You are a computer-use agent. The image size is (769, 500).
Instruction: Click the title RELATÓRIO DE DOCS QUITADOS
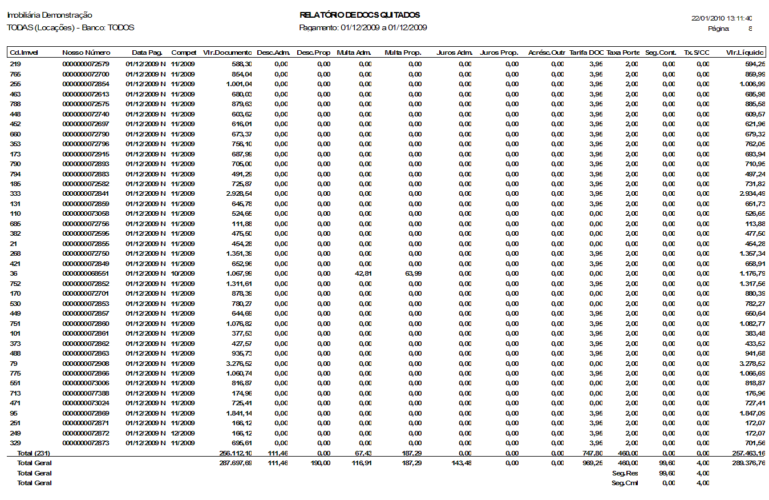(x=359, y=15)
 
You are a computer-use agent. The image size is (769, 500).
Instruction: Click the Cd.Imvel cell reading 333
(x=15, y=193)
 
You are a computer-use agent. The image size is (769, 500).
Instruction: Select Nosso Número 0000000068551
(x=86, y=273)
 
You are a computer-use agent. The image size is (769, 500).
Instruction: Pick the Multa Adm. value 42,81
(x=362, y=273)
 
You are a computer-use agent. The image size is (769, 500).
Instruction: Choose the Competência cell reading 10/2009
(x=183, y=273)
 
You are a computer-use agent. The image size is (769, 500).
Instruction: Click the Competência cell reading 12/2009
(x=183, y=433)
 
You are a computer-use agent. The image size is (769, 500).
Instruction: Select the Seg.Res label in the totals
(x=625, y=473)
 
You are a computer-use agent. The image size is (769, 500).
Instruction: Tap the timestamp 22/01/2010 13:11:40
(x=722, y=18)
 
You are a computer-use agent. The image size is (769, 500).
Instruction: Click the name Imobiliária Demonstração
(x=50, y=15)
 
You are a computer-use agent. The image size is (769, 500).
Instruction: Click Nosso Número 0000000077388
(x=86, y=393)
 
